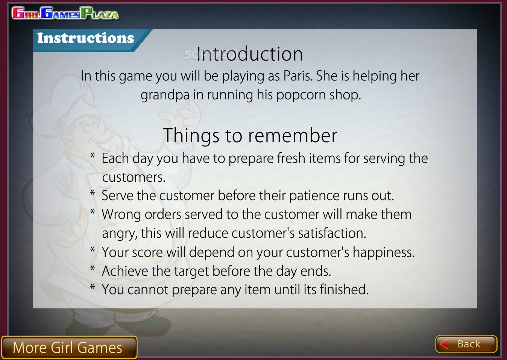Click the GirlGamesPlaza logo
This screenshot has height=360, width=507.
click(65, 13)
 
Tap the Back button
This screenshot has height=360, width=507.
click(466, 344)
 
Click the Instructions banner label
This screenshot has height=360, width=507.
click(85, 38)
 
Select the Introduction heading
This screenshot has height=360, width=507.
click(249, 54)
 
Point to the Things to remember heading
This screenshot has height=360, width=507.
click(250, 135)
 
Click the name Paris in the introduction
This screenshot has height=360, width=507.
click(298, 76)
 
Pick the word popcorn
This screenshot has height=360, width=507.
click(301, 95)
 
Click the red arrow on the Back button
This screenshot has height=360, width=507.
click(444, 344)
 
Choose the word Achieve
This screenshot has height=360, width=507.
click(125, 271)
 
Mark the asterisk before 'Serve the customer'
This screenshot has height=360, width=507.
click(92, 193)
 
